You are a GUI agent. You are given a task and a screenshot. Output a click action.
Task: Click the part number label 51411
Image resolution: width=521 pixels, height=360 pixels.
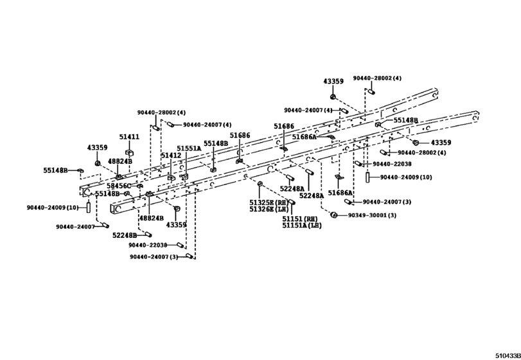[x=129, y=137]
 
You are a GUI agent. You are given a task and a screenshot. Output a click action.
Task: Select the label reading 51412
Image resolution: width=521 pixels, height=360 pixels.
[x=171, y=155]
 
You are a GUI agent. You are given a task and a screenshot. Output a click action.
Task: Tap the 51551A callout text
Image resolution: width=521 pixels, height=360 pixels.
[x=189, y=148]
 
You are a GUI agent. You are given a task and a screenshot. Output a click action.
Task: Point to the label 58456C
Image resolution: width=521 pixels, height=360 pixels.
[x=119, y=186]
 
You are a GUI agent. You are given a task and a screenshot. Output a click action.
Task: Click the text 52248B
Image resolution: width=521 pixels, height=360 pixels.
[x=125, y=235]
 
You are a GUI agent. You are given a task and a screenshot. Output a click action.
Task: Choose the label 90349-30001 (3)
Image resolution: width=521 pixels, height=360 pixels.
[x=372, y=215]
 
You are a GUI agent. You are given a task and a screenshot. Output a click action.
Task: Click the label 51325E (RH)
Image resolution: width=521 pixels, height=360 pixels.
[x=269, y=203]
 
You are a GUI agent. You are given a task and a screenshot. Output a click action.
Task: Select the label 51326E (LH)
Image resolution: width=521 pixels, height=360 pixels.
[x=269, y=209]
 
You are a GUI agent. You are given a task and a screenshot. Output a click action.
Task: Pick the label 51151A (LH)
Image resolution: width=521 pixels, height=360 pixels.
[x=302, y=226]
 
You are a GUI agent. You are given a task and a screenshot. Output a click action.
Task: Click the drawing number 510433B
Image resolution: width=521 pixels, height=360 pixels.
[x=508, y=356]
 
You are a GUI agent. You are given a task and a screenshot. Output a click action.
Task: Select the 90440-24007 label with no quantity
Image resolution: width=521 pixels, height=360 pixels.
[x=75, y=227]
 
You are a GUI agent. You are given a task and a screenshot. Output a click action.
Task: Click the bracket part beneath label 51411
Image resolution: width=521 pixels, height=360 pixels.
[x=129, y=152]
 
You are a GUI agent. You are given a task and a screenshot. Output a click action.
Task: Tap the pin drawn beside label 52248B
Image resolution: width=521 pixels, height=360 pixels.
[x=148, y=235]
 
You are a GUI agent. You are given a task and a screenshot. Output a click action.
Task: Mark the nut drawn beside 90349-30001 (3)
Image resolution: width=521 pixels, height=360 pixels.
[x=334, y=215]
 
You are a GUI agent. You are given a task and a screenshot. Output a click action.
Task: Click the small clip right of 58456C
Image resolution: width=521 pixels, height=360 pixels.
[x=139, y=185]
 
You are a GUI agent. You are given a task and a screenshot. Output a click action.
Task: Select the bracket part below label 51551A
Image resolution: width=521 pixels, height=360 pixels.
[x=184, y=176]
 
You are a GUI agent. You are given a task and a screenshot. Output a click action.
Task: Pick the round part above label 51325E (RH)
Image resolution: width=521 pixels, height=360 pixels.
[x=260, y=184]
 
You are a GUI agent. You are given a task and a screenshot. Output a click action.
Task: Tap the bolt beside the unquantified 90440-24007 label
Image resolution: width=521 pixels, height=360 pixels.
[x=105, y=226]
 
